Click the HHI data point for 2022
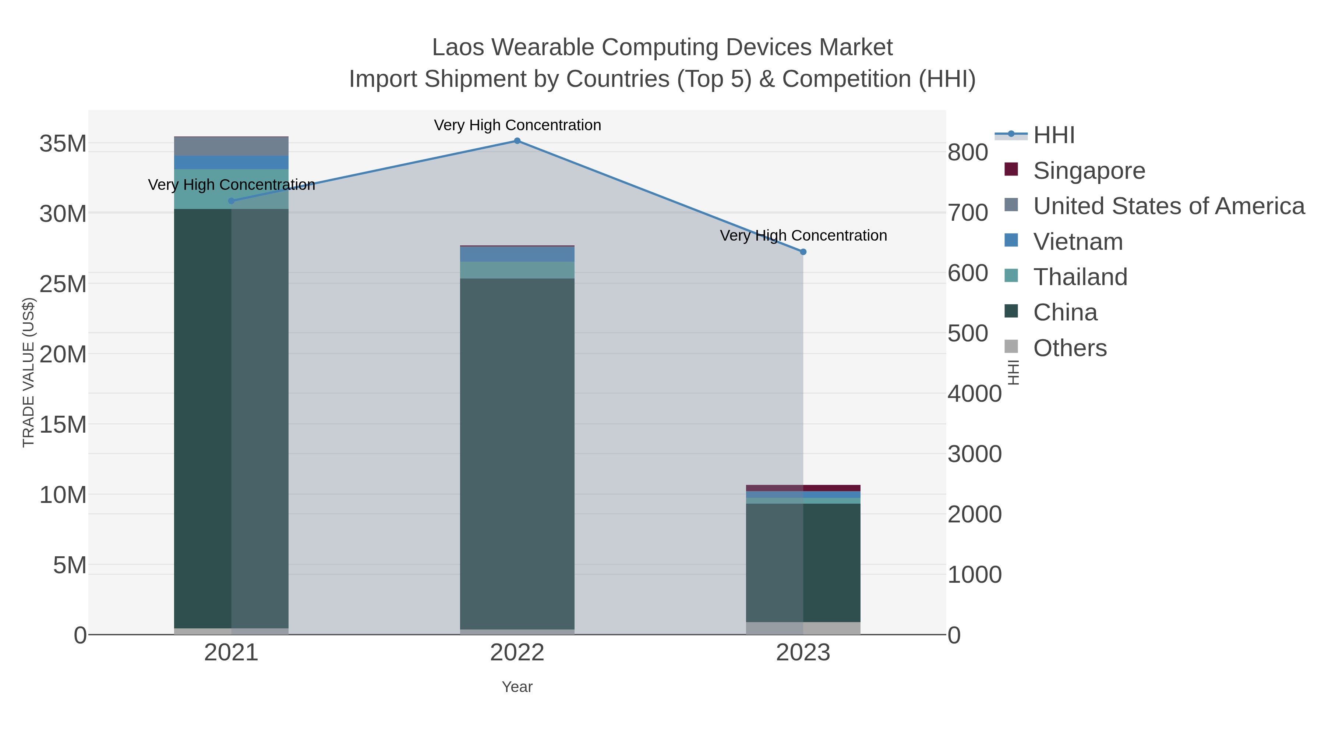tap(517, 141)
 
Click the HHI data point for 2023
tap(803, 252)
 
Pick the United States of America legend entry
tap(1168, 206)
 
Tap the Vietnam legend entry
tap(1078, 242)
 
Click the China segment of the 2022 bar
tap(517, 453)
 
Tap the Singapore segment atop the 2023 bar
tap(803, 488)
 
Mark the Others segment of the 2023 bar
tap(803, 628)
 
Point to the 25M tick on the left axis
tap(63, 284)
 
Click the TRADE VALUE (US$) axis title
tap(29, 372)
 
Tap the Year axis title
tap(517, 687)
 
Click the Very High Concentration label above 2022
tap(517, 125)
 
